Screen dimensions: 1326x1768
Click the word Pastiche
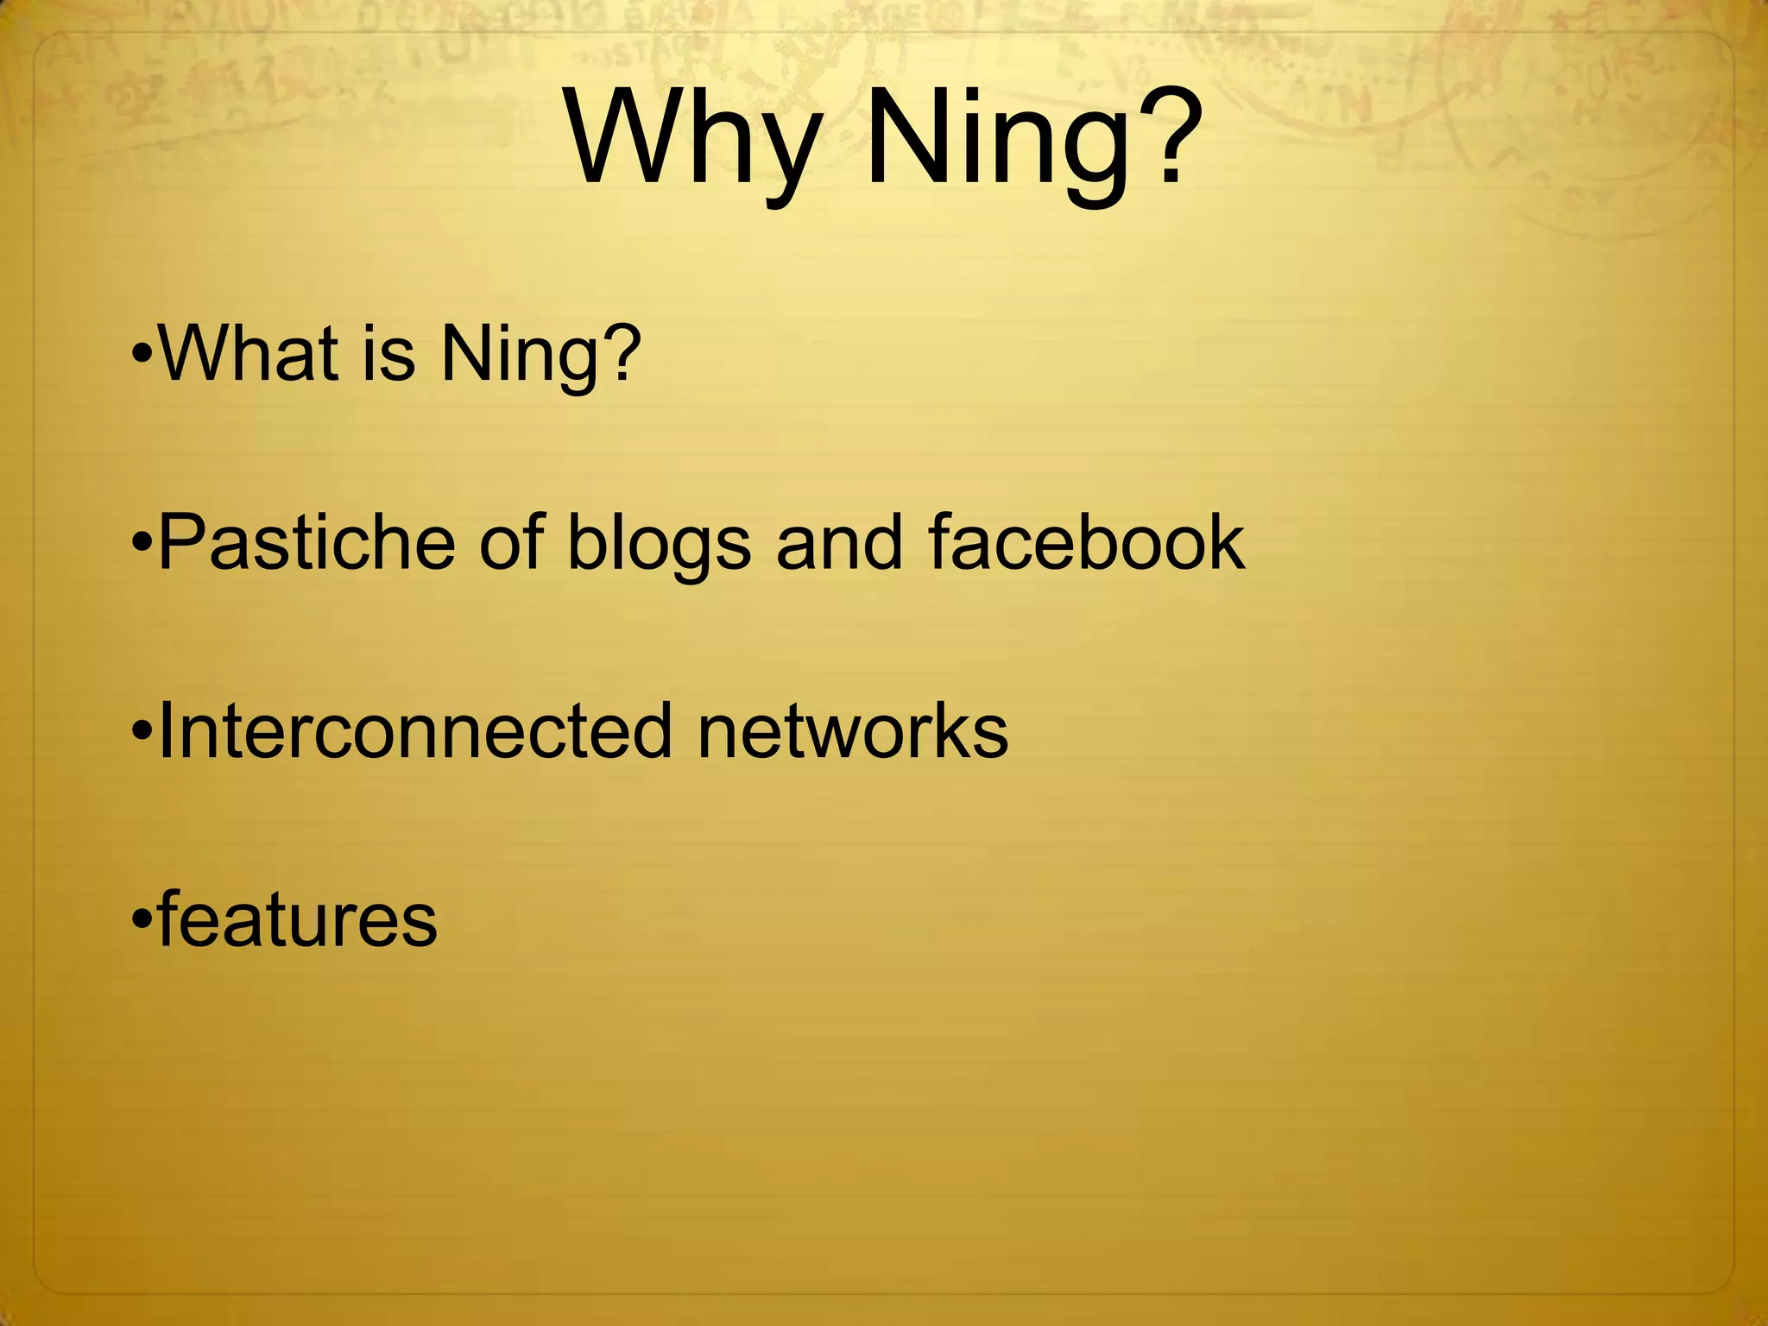coord(307,542)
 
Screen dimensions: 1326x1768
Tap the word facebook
coord(1087,542)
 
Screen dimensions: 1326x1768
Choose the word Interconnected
coord(414,731)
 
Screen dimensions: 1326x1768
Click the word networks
coord(853,731)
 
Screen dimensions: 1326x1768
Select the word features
coord(298,919)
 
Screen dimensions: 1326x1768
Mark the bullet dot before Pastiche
coord(143,545)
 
